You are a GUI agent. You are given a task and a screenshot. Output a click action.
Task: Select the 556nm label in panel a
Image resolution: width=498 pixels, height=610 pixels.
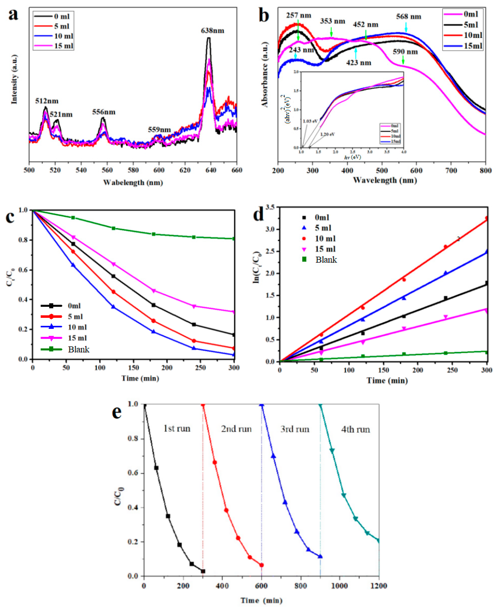coord(104,112)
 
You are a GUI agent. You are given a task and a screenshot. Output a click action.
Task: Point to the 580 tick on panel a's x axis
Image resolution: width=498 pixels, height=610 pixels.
coord(133,170)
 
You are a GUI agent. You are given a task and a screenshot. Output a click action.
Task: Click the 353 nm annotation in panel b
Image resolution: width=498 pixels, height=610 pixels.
coord(333,21)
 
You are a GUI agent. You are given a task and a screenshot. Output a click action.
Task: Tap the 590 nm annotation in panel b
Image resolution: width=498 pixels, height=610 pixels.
coord(405,52)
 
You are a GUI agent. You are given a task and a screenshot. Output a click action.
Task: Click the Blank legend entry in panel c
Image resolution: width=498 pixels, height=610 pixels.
coord(79,349)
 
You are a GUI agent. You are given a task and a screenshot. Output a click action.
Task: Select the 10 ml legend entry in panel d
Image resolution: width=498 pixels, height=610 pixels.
coord(325,238)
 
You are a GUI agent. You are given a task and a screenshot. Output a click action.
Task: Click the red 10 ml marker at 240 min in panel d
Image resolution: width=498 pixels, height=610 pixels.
coord(445,247)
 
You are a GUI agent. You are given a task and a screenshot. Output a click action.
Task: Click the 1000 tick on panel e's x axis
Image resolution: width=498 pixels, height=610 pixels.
coord(340,586)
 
